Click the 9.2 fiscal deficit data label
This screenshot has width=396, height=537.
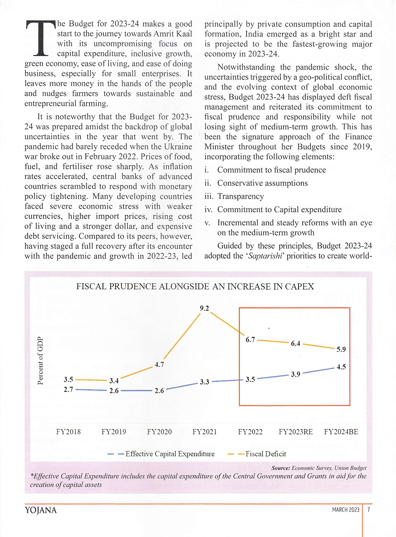[204, 308]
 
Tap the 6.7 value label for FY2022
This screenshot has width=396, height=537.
[250, 340]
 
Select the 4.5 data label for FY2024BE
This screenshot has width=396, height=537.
[341, 367]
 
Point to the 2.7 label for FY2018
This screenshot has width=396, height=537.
[69, 390]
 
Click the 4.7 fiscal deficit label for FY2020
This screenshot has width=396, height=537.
[159, 365]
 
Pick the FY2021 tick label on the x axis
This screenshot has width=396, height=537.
[204, 432]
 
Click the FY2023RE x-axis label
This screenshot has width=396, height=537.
[295, 432]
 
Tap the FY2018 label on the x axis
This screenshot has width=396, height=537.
[69, 432]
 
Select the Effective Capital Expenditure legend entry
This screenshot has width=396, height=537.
[169, 454]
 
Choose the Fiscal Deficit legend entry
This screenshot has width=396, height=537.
[265, 454]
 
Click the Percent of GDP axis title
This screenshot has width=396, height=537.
[40, 361]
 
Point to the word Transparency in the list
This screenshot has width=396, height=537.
[240, 197]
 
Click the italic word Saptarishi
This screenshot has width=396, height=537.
[265, 256]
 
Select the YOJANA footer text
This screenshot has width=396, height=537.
[41, 510]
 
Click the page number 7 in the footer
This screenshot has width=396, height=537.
[369, 510]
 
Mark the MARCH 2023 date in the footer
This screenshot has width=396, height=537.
[346, 510]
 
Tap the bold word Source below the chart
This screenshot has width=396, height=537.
[281, 468]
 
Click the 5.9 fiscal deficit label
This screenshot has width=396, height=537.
[341, 350]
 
